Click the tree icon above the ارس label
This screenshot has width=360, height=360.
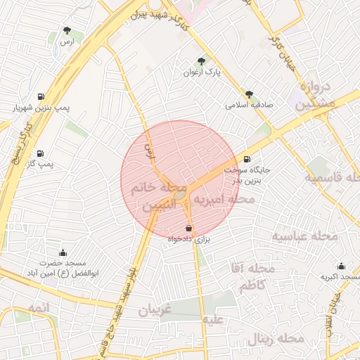pos(67,30)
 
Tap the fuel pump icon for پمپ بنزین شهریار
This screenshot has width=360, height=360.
pos(41,96)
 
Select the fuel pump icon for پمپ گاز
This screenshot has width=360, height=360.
pos(39,153)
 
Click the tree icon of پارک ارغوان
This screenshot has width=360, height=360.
pos(202,61)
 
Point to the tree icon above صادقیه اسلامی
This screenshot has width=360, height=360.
pos(249,93)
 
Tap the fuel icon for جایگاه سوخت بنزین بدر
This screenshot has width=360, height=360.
pos(246,159)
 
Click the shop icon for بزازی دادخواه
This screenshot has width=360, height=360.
pos(189,228)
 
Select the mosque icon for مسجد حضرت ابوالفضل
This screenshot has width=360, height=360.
pos(64,253)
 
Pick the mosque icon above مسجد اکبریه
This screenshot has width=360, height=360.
pos(341,266)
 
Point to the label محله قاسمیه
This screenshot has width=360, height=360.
pos(332,177)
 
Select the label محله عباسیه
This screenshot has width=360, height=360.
pos(305,236)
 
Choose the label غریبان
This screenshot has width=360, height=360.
pos(160,309)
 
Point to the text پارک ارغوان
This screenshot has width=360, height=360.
pos(202,72)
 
